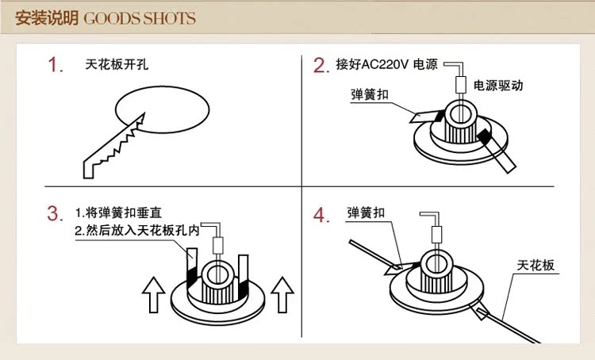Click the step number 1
click(55, 65)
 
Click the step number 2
click(321, 65)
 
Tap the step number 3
click(55, 213)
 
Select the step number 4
click(321, 215)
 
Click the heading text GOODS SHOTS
click(139, 17)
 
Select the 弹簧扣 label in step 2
click(369, 95)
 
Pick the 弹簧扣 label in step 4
click(367, 213)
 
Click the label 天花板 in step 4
click(535, 265)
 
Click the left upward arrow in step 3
click(153, 295)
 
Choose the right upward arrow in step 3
click(282, 295)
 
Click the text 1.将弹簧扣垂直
click(118, 213)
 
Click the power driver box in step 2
click(459, 83)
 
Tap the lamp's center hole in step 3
click(217, 274)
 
